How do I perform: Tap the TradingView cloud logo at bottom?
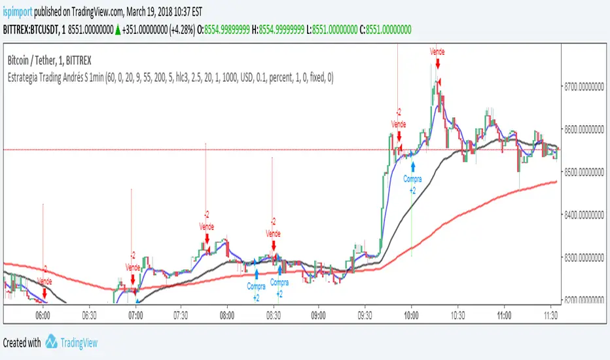(x=56, y=342)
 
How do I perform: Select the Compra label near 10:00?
(x=412, y=179)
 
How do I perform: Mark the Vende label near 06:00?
(x=45, y=281)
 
